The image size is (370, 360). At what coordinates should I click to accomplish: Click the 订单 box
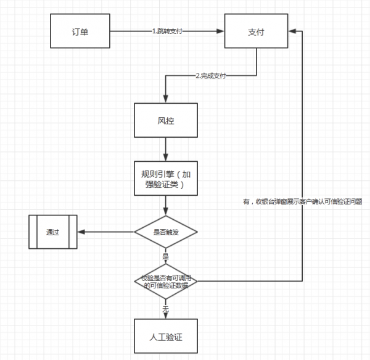point(80,30)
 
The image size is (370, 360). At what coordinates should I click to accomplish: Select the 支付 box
point(256,30)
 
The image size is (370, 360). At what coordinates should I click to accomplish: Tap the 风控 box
point(165,120)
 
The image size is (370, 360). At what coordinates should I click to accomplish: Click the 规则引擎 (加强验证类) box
point(165,178)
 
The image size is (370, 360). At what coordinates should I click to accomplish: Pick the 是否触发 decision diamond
point(165,232)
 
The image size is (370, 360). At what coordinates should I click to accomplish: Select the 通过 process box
point(52,232)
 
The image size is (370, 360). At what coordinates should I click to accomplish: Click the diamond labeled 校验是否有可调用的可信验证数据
point(165,282)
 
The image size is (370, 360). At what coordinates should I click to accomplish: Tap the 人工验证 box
point(165,336)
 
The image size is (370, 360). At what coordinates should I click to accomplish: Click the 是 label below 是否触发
point(165,255)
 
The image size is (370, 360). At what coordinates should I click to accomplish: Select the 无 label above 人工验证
point(165,307)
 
